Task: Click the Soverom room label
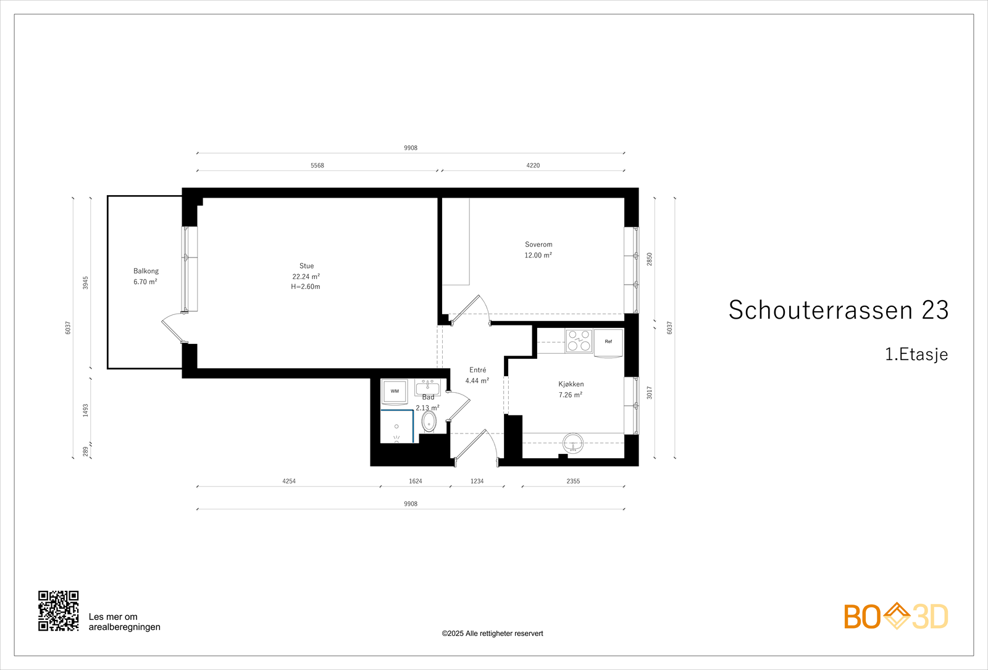pos(538,245)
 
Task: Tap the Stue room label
pos(306,266)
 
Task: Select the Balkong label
pos(146,271)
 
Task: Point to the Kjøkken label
pos(571,384)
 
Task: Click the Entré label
pos(477,370)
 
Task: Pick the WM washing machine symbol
pos(394,392)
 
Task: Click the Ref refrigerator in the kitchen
pos(608,342)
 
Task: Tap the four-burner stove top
pos(579,341)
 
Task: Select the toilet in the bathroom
pos(429,422)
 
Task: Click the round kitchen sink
pos(573,443)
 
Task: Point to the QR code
pos(59,611)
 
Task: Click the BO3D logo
pos(895,616)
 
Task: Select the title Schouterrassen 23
pos(838,310)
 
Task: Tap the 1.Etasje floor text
pos(916,354)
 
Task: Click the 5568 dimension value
pos(317,165)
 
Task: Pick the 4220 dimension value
pos(533,165)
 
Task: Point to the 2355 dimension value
pos(573,481)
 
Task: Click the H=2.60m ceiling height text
pos(306,287)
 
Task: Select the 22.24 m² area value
pos(306,277)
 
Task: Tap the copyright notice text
pos(492,634)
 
